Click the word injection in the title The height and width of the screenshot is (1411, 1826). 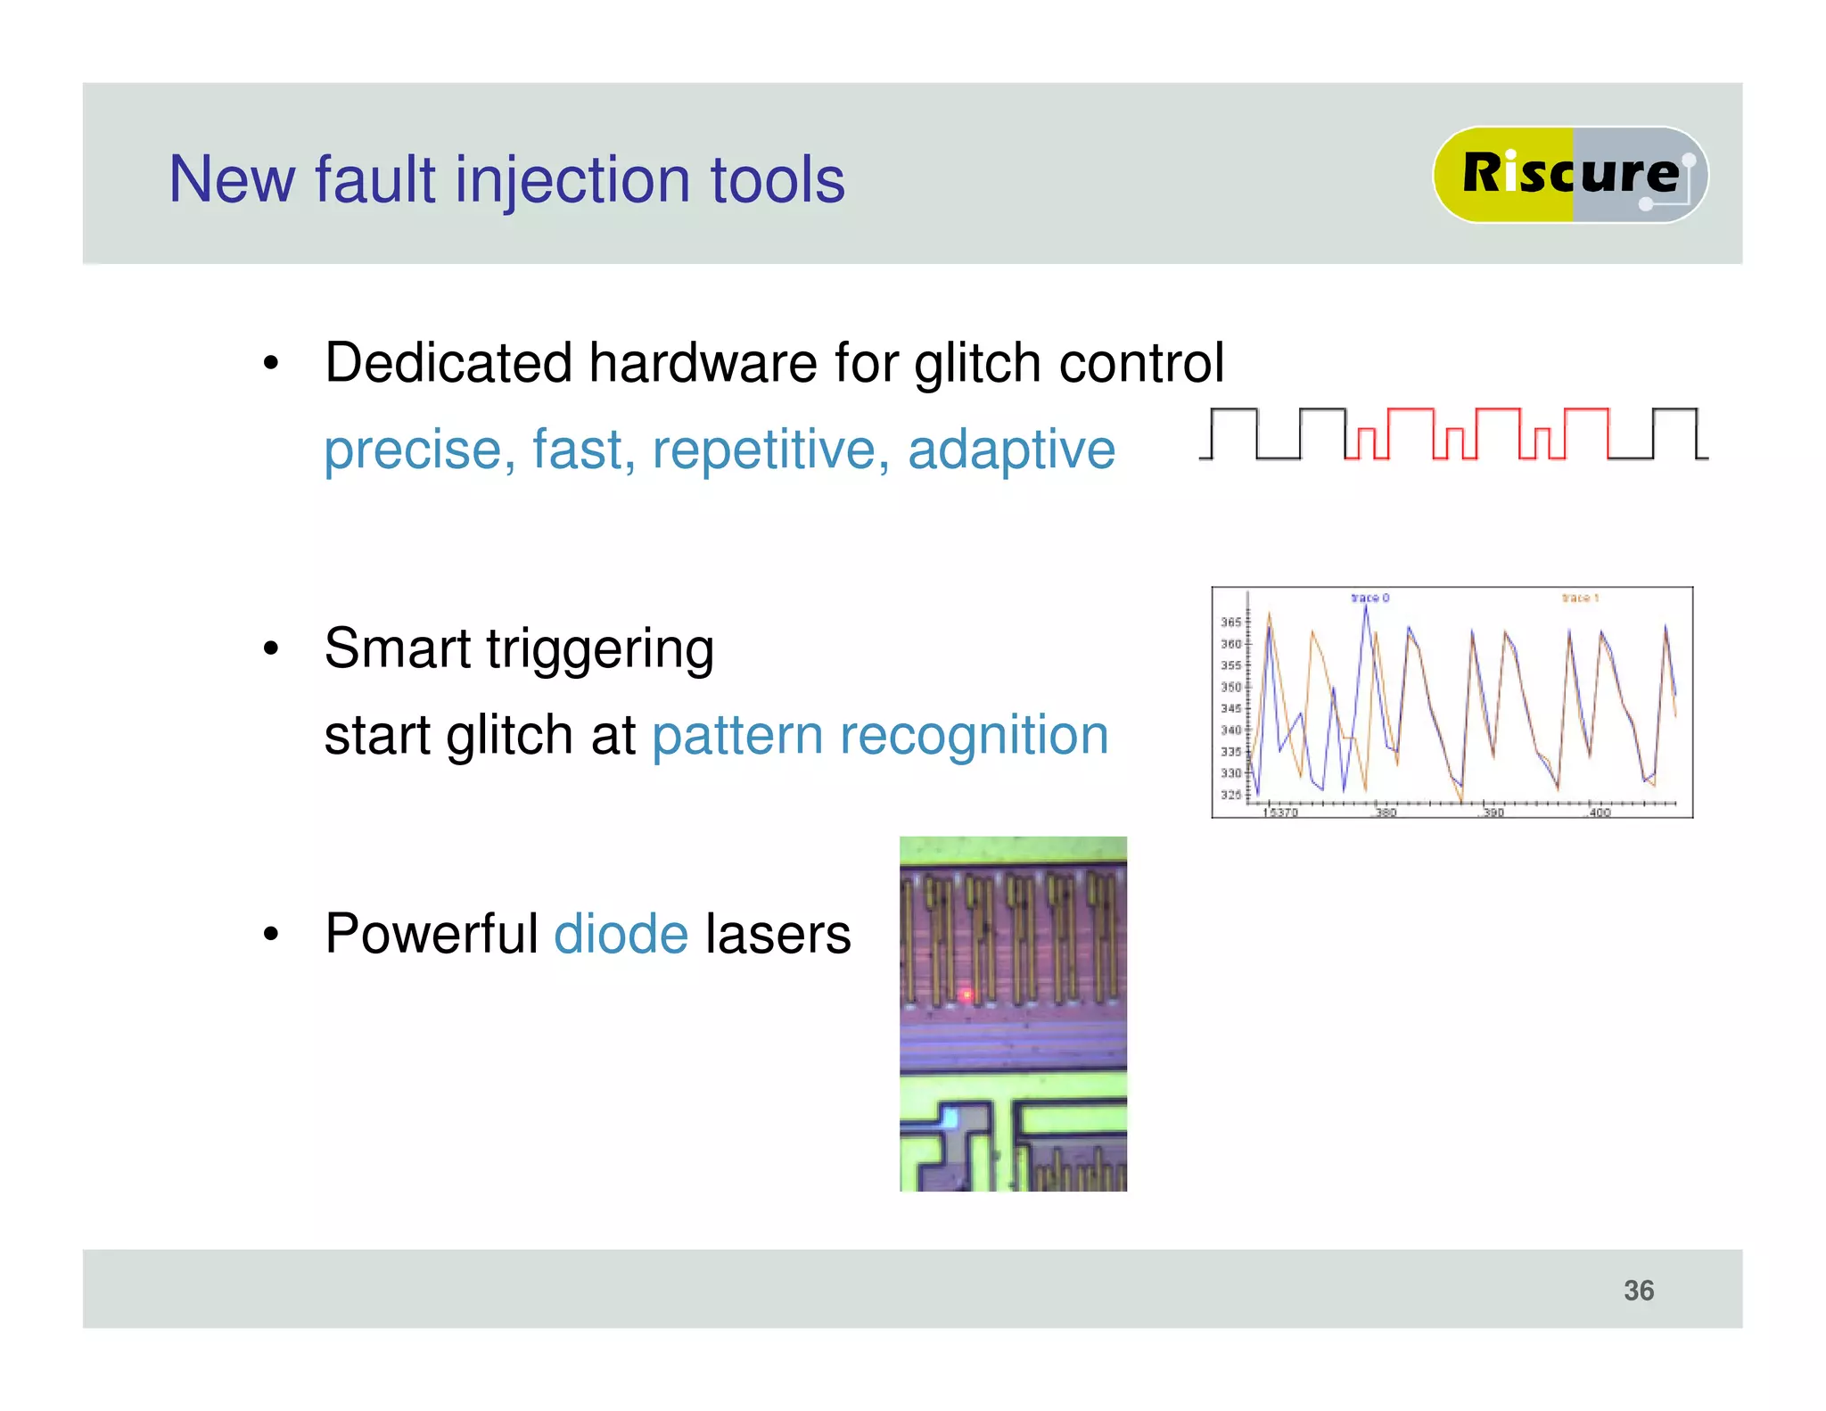point(573,181)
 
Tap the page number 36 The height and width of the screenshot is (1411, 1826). point(1638,1290)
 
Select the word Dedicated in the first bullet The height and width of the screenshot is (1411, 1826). point(448,363)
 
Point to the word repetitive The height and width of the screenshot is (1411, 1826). point(770,449)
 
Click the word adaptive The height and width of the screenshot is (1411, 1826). point(1011,449)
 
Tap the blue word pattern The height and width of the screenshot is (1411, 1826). point(736,737)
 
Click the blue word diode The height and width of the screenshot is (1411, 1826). point(621,934)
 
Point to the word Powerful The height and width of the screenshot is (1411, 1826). point(432,934)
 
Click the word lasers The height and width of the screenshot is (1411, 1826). point(777,934)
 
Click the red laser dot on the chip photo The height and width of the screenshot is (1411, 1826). point(966,994)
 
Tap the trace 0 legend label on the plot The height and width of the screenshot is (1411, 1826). point(1369,598)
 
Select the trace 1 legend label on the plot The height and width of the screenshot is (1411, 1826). point(1580,598)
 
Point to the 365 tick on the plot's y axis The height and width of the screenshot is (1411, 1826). point(1230,622)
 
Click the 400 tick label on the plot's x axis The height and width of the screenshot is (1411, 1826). point(1600,813)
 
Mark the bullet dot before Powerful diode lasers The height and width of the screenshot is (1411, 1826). point(271,935)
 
